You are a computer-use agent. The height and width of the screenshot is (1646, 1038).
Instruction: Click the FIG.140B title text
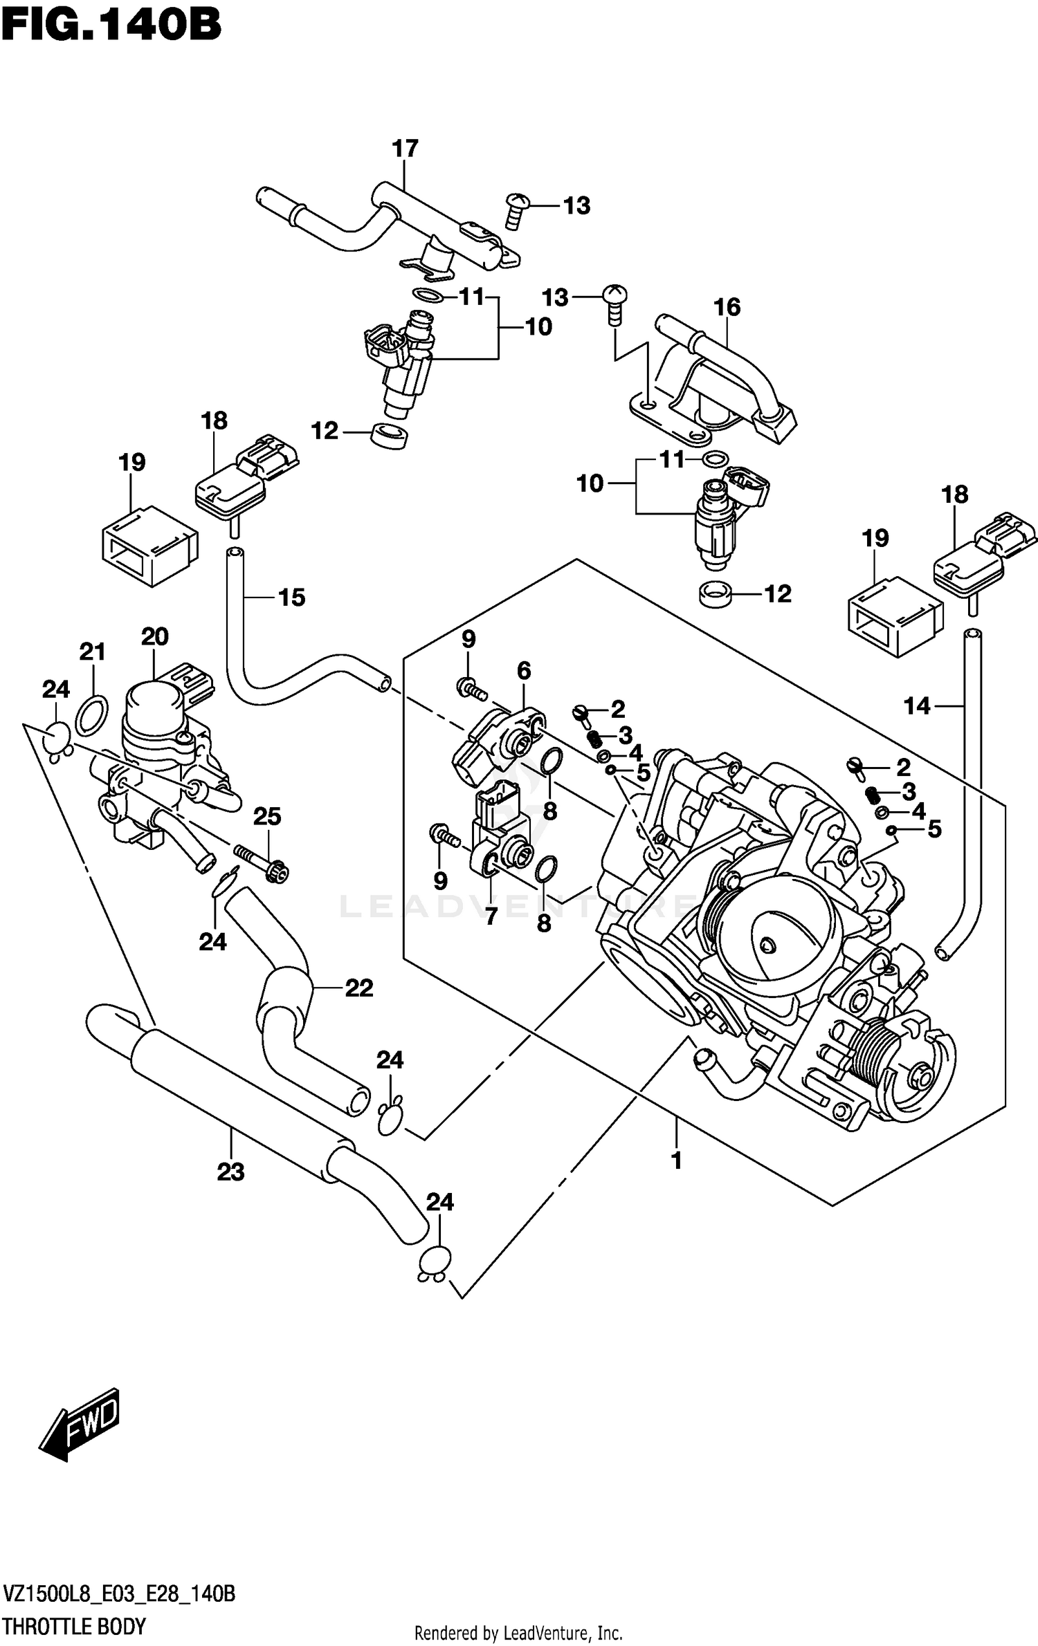(x=111, y=26)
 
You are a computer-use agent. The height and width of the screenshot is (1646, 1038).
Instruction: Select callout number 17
(x=405, y=149)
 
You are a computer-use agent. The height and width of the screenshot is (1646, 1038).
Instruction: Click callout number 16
(x=727, y=307)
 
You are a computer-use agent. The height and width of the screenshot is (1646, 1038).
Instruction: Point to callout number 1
(x=677, y=1160)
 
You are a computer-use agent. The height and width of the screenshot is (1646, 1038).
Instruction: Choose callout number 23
(x=230, y=1172)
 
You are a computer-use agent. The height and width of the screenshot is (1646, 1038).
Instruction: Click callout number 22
(x=359, y=988)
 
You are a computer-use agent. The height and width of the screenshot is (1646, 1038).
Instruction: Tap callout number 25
(x=267, y=817)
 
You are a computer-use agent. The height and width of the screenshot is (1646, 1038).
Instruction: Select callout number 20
(x=154, y=636)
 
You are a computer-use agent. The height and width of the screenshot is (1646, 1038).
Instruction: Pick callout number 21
(x=92, y=651)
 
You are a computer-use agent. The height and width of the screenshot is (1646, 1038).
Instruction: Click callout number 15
(x=291, y=598)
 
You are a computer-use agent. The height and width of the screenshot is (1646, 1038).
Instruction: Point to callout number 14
(x=917, y=706)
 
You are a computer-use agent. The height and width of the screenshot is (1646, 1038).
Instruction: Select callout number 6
(x=524, y=670)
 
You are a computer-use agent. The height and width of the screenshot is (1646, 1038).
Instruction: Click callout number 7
(x=491, y=916)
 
